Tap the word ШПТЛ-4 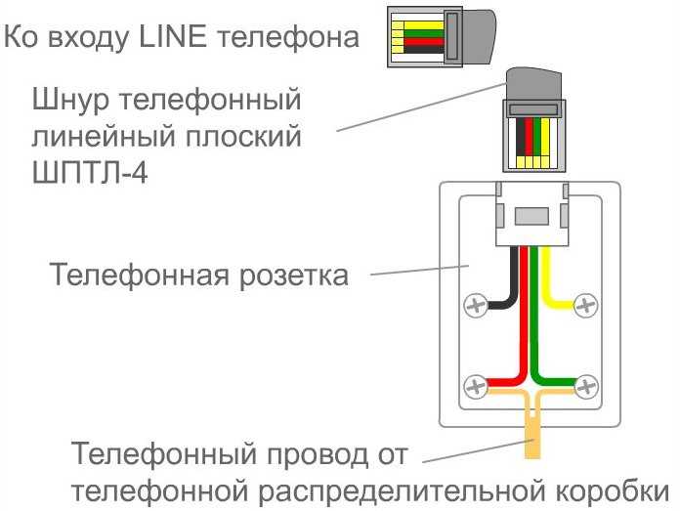pos(90,173)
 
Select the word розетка pos(294,276)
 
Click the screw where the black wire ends pos(476,306)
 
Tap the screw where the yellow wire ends pos(586,306)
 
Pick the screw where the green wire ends pos(586,387)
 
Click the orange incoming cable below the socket pos(532,425)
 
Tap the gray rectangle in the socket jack pos(531,216)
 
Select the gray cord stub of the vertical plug pos(534,84)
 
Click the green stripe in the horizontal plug pos(424,33)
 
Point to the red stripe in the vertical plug pos(529,137)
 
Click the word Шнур pos(70,101)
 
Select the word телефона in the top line pos(287,37)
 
